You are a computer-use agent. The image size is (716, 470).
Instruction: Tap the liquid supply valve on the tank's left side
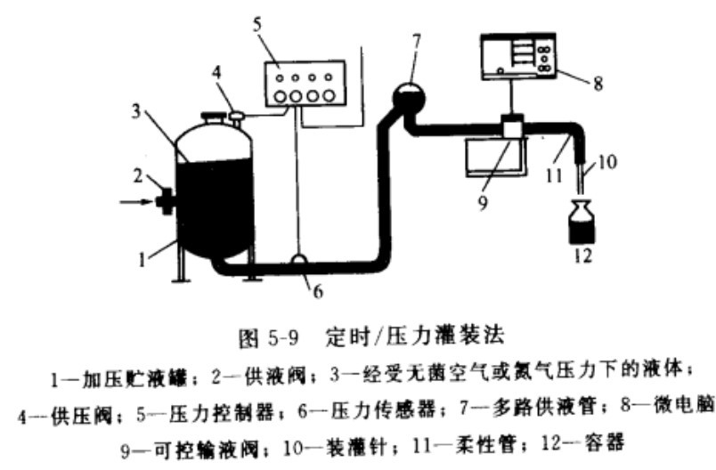[x=164, y=201]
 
